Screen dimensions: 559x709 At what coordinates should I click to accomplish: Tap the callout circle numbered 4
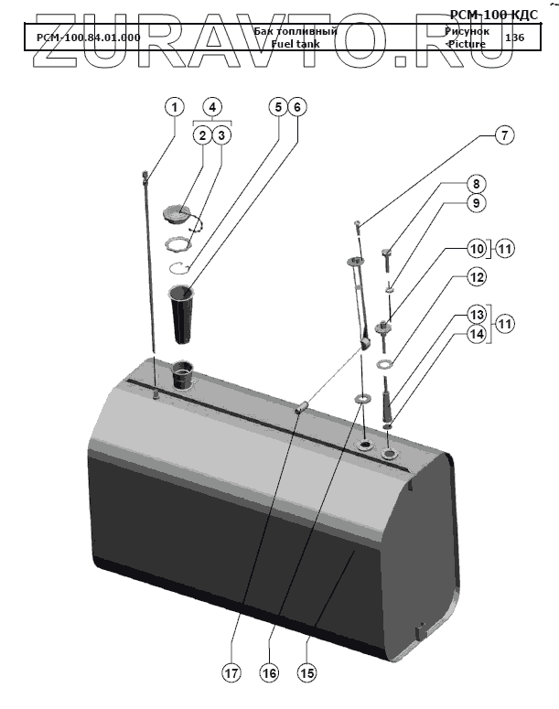click(x=212, y=106)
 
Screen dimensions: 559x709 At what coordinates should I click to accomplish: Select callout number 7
click(x=502, y=135)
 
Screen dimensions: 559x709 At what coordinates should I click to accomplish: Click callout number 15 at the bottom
click(x=307, y=672)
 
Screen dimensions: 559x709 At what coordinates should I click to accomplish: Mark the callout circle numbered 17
click(x=231, y=672)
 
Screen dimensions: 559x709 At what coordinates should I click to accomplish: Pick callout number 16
click(x=269, y=672)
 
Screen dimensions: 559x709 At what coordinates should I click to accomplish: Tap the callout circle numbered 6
click(x=296, y=106)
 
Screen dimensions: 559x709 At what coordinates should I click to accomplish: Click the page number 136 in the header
click(x=514, y=38)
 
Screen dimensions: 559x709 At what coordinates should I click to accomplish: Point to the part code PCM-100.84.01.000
click(x=88, y=38)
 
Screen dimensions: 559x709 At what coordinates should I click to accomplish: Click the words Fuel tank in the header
click(x=294, y=43)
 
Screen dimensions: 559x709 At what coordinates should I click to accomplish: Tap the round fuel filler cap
click(x=179, y=214)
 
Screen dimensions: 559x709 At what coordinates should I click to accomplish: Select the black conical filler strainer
click(x=182, y=311)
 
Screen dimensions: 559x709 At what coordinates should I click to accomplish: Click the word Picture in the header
click(x=467, y=44)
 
